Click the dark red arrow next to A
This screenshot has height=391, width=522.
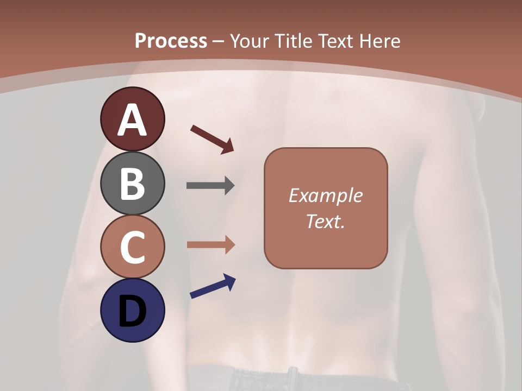click(x=212, y=139)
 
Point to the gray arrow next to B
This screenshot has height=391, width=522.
click(x=210, y=186)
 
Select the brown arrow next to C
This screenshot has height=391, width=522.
click(x=210, y=245)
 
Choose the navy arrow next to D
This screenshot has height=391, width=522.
click(x=213, y=287)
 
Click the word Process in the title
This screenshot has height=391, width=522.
click(x=171, y=41)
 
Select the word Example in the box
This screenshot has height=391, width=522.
click(x=325, y=195)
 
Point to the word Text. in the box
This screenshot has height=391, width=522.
click(x=325, y=221)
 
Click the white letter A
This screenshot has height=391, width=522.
click(x=132, y=121)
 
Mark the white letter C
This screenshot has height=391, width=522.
click(x=132, y=247)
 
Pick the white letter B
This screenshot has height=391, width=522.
click(x=132, y=183)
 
